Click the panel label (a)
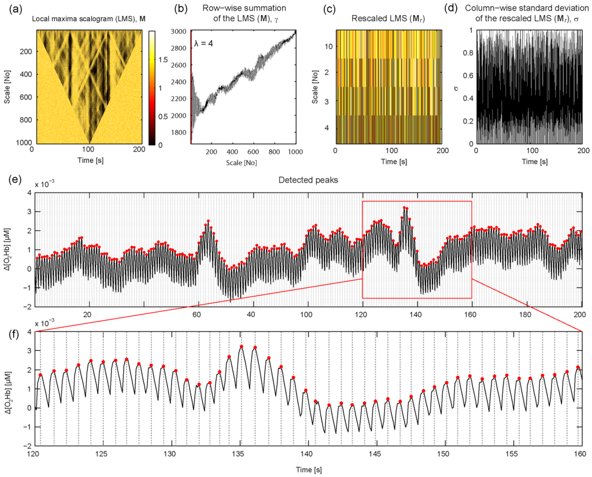pos(12,9)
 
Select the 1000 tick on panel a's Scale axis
pos(20,143)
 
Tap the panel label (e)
pos(12,178)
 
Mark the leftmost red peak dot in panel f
pos(40,375)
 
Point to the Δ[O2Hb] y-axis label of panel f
pos(13,389)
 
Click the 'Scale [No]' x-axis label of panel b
pos(242,162)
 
